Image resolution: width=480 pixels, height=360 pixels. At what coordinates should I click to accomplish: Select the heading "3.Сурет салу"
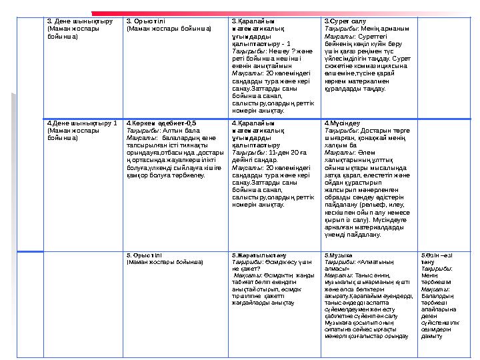point(339,21)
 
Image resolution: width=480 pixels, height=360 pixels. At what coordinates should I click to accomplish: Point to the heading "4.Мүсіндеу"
point(337,123)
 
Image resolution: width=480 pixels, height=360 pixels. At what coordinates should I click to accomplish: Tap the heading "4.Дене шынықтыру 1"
point(73,123)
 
